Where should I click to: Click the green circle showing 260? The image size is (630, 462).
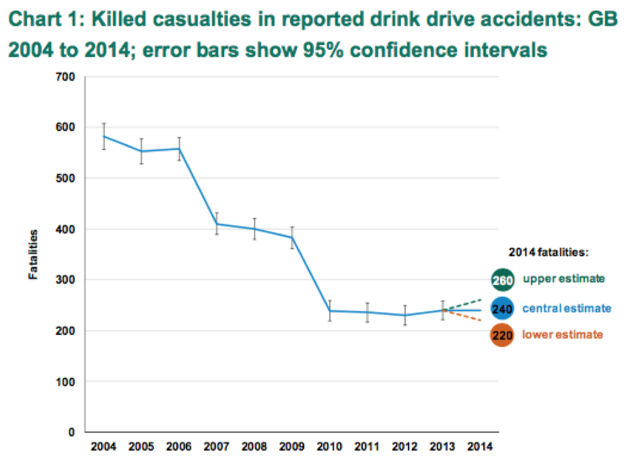[x=502, y=279]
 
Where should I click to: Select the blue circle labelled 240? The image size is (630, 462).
[x=502, y=309]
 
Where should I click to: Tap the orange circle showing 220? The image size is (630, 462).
[x=502, y=335]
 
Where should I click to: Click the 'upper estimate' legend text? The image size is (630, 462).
[x=564, y=278]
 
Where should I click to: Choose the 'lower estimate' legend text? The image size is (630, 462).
[x=563, y=335]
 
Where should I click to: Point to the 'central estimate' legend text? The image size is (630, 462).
[x=567, y=309]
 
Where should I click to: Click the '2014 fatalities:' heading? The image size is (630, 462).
[x=549, y=253]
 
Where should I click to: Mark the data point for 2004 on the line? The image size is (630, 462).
[x=104, y=136]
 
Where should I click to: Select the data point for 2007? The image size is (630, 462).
[x=217, y=224]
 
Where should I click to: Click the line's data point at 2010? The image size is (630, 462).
[x=330, y=311]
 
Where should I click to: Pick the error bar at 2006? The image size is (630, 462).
[x=179, y=149]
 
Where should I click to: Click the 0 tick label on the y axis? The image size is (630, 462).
[x=72, y=432]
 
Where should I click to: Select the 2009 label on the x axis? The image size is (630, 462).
[x=291, y=447]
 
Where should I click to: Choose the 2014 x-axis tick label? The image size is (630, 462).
[x=480, y=447]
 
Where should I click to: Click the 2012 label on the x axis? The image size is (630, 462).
[x=405, y=447]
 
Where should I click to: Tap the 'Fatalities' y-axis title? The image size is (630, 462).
[x=32, y=254]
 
